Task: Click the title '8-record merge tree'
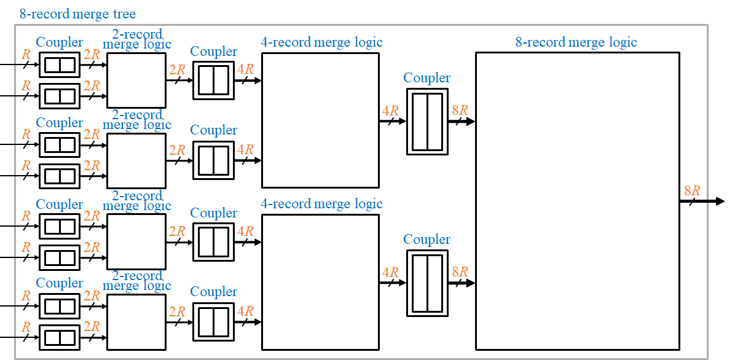(x=77, y=14)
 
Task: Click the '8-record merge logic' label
(x=576, y=42)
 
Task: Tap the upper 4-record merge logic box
(x=320, y=120)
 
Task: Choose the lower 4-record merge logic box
(x=320, y=282)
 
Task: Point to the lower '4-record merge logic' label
(x=321, y=204)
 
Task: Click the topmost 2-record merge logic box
(x=136, y=80)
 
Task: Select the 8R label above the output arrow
(x=692, y=190)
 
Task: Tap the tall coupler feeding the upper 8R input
(x=427, y=122)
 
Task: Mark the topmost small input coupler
(x=60, y=65)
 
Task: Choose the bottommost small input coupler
(x=60, y=337)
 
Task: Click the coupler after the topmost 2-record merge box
(x=213, y=80)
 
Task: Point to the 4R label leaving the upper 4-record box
(x=390, y=111)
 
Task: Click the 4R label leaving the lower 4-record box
(x=390, y=273)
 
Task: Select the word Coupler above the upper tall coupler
(x=427, y=78)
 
